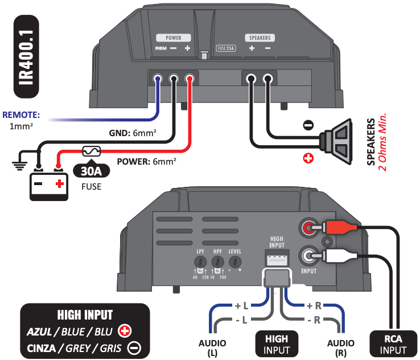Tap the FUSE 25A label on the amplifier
[226, 49]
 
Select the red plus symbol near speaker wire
[308, 158]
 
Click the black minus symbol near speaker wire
[307, 124]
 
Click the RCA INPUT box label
[389, 343]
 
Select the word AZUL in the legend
[39, 331]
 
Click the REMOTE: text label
[21, 114]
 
